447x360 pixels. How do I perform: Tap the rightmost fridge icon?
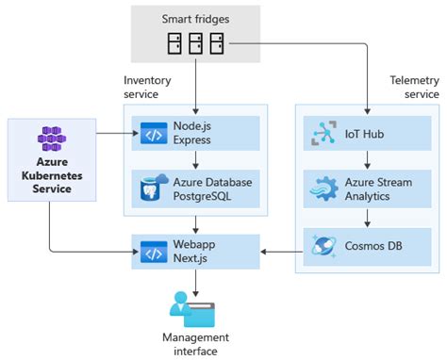[x=218, y=43]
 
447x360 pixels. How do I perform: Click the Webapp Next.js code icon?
[x=154, y=251]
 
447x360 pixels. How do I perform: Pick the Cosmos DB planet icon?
[x=323, y=246]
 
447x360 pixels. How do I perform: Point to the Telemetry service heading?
[x=414, y=89]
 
